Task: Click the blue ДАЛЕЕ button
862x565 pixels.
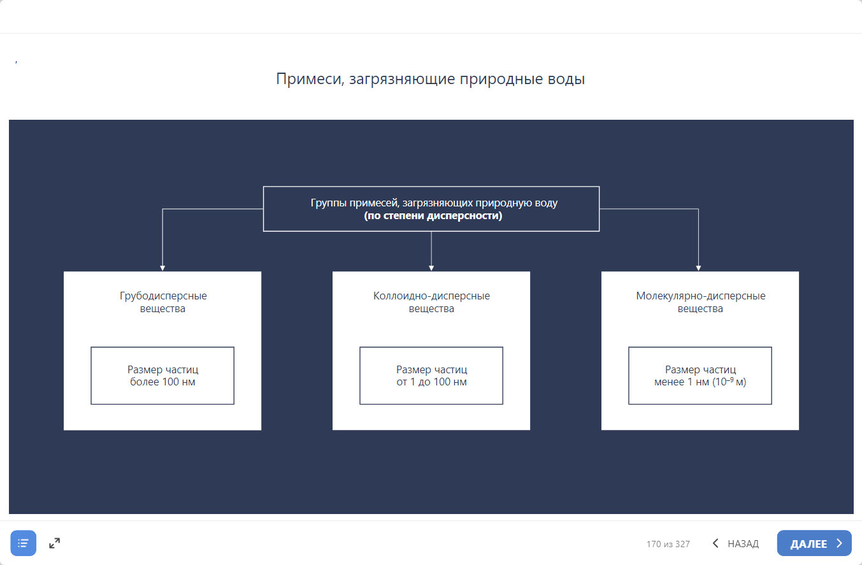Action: (814, 543)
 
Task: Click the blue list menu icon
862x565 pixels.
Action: (24, 543)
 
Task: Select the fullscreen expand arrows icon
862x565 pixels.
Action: (55, 543)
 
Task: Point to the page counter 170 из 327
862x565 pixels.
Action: (668, 544)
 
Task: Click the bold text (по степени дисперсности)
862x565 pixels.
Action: (433, 215)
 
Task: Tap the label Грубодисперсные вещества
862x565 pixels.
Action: (162, 302)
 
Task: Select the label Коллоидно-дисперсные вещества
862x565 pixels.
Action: (431, 302)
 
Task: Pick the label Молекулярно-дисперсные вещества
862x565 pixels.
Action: (700, 302)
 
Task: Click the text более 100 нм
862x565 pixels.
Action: (162, 382)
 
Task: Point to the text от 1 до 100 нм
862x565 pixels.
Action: (431, 382)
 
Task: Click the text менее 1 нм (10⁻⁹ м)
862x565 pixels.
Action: (700, 382)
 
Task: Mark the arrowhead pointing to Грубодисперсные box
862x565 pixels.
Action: (162, 268)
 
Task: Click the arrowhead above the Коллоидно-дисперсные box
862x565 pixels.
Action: (431, 268)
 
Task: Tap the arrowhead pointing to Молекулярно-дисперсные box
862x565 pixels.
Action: (698, 268)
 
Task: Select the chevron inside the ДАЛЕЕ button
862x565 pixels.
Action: (839, 543)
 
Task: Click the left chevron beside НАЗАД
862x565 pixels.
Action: (715, 543)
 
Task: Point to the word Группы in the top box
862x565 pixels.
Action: (328, 203)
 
